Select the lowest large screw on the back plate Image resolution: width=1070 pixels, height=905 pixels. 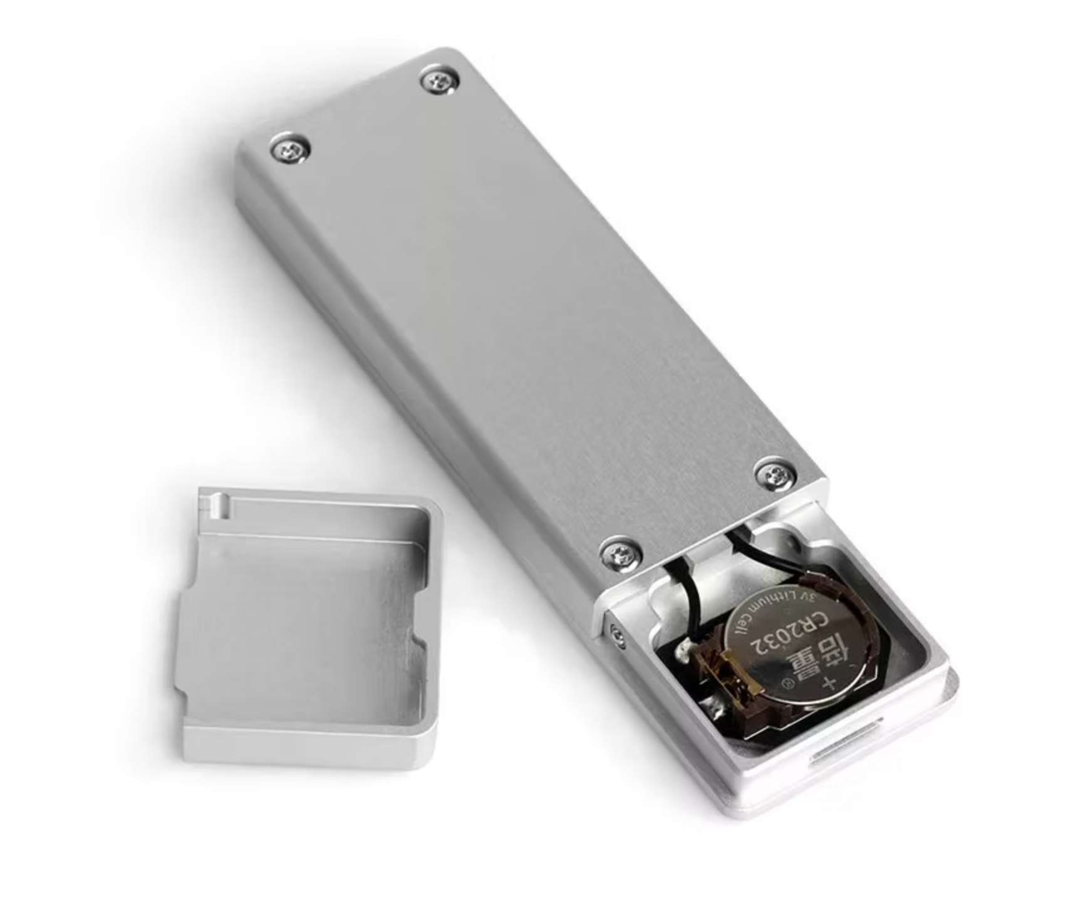621,553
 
